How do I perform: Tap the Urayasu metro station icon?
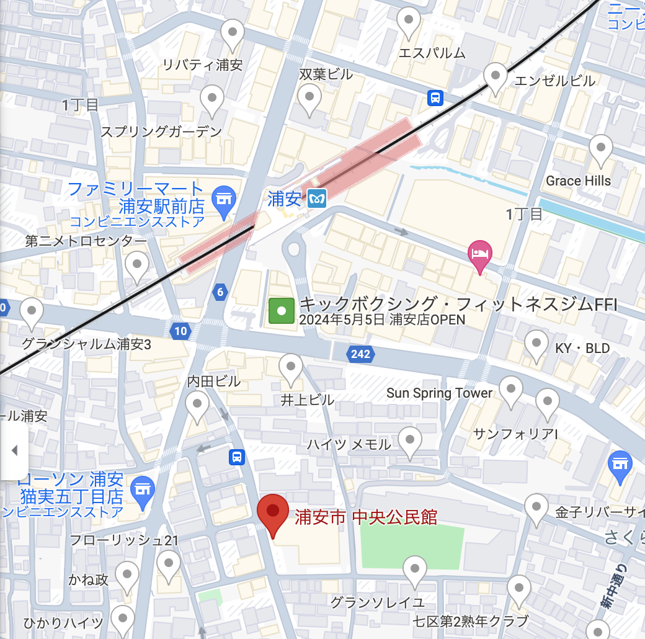click(317, 198)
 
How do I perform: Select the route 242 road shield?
click(360, 354)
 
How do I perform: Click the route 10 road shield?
click(180, 331)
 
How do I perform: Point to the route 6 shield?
click(220, 292)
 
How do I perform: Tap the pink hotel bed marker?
click(480, 254)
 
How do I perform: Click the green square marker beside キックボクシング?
click(281, 311)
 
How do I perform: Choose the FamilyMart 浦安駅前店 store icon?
click(223, 199)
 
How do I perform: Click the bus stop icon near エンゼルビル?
click(435, 97)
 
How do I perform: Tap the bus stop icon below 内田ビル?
click(236, 457)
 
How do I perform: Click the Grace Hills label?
click(578, 181)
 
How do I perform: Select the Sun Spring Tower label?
click(439, 393)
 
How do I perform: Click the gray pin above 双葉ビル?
click(309, 97)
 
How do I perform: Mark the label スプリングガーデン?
click(161, 132)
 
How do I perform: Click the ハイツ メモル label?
click(349, 444)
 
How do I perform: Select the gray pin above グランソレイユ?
click(414, 570)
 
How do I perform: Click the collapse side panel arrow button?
click(14, 450)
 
